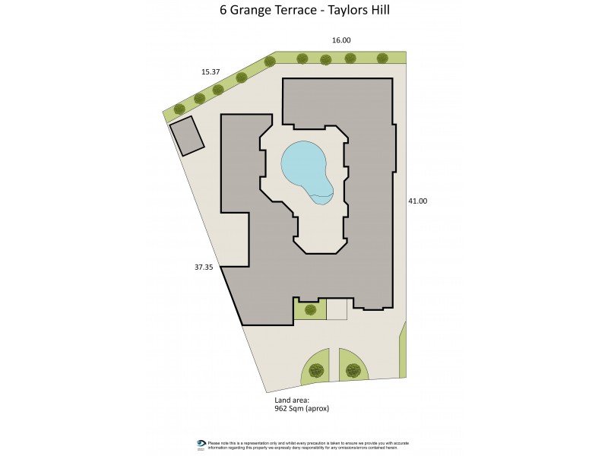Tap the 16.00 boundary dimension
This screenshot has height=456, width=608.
340,40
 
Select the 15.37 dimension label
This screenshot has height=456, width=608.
211,71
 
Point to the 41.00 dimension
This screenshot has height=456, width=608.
418,201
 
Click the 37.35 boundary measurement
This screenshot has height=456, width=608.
204,267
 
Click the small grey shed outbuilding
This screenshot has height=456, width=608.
187,136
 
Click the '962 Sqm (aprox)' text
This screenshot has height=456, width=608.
302,408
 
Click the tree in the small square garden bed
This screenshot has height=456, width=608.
310,309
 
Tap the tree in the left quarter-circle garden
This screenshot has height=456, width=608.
316,371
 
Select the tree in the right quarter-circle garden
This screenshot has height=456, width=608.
353,371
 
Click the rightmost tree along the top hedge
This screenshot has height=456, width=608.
382,58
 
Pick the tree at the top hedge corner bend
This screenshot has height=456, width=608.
270,62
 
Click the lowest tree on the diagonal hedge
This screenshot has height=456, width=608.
180,109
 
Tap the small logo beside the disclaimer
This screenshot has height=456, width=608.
201,445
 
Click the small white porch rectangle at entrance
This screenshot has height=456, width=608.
337,309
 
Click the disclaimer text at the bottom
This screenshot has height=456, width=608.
308,445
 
